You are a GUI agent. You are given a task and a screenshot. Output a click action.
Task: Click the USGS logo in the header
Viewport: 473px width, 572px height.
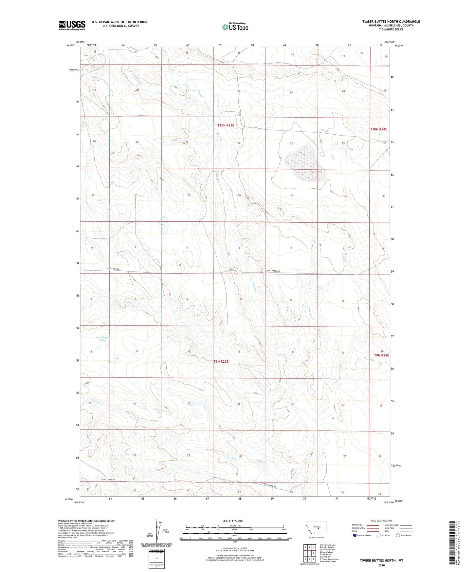72,25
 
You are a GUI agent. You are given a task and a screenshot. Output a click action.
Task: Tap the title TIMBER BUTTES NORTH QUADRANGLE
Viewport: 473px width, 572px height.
391,22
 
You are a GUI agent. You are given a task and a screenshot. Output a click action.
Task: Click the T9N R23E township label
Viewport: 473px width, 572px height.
221,361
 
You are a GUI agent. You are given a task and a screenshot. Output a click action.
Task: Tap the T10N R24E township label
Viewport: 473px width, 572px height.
378,129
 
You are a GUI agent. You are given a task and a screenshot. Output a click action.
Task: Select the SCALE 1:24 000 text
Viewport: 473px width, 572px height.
233,521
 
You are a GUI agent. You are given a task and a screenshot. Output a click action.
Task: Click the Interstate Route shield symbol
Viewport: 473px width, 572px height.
355,536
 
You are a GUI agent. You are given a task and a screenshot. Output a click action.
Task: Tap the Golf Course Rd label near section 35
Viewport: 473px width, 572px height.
269,486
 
